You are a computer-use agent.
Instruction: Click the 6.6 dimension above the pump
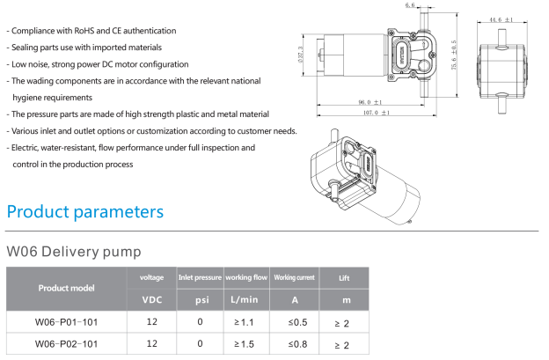409,6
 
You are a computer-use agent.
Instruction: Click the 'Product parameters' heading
84,212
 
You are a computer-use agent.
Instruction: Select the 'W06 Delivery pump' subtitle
73,251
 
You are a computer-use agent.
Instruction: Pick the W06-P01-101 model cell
66,322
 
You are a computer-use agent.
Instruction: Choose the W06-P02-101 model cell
66,343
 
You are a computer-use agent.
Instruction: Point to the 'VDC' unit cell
151,298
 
